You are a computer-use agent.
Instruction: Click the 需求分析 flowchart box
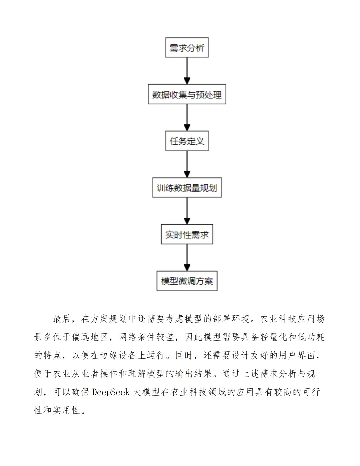click(187, 48)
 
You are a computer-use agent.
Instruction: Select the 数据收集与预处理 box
click(187, 94)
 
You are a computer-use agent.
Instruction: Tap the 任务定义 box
click(187, 141)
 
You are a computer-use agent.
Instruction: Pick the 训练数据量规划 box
click(187, 188)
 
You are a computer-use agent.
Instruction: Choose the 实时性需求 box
click(187, 234)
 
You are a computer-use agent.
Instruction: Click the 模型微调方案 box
click(187, 281)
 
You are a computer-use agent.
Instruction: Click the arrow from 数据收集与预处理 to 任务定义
click(187, 117)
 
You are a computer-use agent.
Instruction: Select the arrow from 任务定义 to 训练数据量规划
click(187, 164)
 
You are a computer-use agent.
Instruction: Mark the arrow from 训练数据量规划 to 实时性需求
click(187, 211)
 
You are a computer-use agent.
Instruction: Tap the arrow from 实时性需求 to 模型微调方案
click(187, 257)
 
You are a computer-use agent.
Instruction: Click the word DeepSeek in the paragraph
click(111, 392)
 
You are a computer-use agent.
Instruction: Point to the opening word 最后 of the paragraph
click(62, 319)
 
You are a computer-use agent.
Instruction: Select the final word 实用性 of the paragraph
click(67, 410)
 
